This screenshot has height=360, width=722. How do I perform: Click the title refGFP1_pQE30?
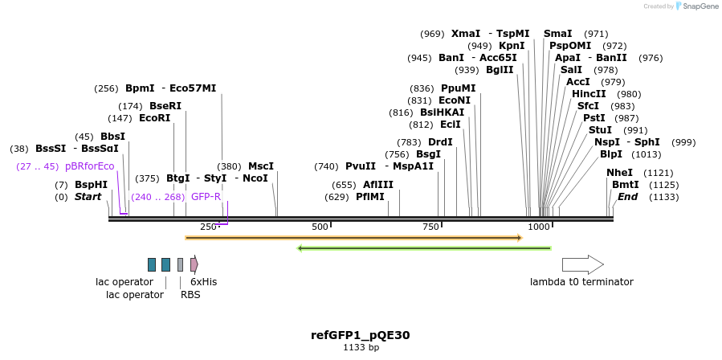[x=360, y=335]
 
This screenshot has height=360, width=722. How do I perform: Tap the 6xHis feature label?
[x=203, y=282]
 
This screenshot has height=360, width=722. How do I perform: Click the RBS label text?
[x=190, y=295]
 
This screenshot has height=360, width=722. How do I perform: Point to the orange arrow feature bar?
[x=353, y=238]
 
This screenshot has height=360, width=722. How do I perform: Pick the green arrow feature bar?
[x=424, y=248]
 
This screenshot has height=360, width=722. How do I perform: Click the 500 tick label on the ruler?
[x=320, y=227]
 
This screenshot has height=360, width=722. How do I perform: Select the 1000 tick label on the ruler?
[x=539, y=227]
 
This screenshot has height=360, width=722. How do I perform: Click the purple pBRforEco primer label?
[x=89, y=166]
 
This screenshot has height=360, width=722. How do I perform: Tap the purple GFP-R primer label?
[x=206, y=197]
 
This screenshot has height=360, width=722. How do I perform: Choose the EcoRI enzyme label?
[x=155, y=118]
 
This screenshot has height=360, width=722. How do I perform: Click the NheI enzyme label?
[x=619, y=173]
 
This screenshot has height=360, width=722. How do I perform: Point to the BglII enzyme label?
[x=500, y=70]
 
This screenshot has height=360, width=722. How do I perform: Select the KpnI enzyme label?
[x=512, y=46]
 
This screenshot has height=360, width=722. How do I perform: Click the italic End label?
[x=627, y=197]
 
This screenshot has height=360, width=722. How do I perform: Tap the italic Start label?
[x=88, y=197]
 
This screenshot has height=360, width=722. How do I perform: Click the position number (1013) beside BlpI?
[x=647, y=154]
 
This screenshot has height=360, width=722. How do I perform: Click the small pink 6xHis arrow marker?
[x=194, y=264]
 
